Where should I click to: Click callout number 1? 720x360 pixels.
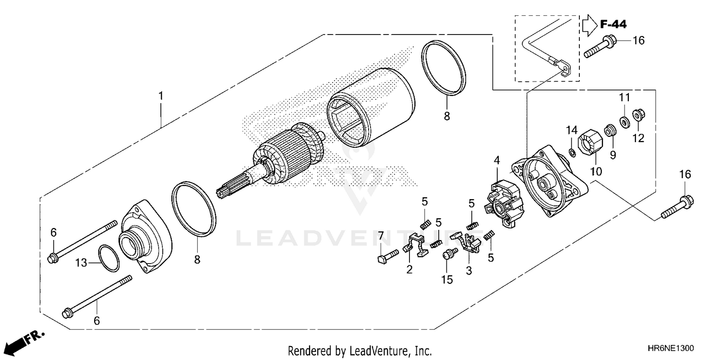tap(161, 96)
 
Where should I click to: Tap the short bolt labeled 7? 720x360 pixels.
tap(386, 256)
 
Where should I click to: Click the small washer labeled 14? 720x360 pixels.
tap(572, 153)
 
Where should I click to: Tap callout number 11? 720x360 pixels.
tap(624, 97)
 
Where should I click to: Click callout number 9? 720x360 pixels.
tap(612, 155)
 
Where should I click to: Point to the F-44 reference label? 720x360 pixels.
tap(612, 24)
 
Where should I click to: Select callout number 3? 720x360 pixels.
tap(468, 270)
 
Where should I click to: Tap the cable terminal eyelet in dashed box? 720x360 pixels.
tap(565, 69)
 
